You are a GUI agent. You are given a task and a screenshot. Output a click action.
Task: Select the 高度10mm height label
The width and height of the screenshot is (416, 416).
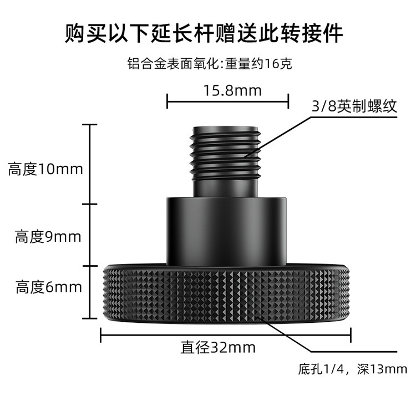point(45,169)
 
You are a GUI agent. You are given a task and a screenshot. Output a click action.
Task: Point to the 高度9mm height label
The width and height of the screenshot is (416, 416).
point(48,237)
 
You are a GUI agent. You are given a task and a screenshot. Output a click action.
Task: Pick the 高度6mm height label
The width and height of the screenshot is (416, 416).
point(49,287)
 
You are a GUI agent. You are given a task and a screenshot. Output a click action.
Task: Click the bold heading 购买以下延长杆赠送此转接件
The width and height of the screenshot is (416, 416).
point(204,34)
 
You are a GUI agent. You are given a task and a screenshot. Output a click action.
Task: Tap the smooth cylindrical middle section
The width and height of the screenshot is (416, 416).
point(226,228)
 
